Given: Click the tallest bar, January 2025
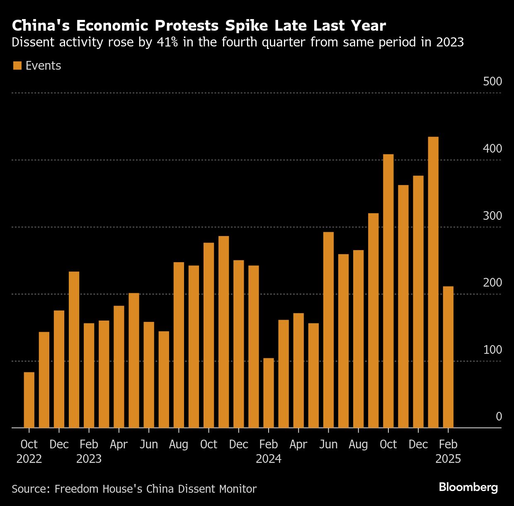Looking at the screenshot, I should pos(433,282).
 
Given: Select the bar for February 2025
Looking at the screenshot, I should pos(448,357).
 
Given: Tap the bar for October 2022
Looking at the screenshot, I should pos(29,400).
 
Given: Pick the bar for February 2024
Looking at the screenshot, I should pos(269,393).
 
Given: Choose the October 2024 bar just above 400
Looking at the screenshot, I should pos(388,290).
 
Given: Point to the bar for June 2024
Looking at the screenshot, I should pos(328,330).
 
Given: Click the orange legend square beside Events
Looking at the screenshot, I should pos(17,66).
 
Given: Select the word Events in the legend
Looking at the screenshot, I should pos(43,66).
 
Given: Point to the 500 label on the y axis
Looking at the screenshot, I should pos(492,81).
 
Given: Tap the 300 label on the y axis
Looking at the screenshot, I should pos(492,216).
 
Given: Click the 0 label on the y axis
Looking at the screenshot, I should pos(499,416).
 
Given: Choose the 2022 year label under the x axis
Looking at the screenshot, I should pos(29,459).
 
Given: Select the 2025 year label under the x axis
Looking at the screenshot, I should pos(448,459).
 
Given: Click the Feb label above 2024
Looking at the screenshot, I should pos(269,444).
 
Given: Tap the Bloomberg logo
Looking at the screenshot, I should pos(468,487).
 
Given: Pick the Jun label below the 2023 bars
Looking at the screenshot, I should pos(149,444).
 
